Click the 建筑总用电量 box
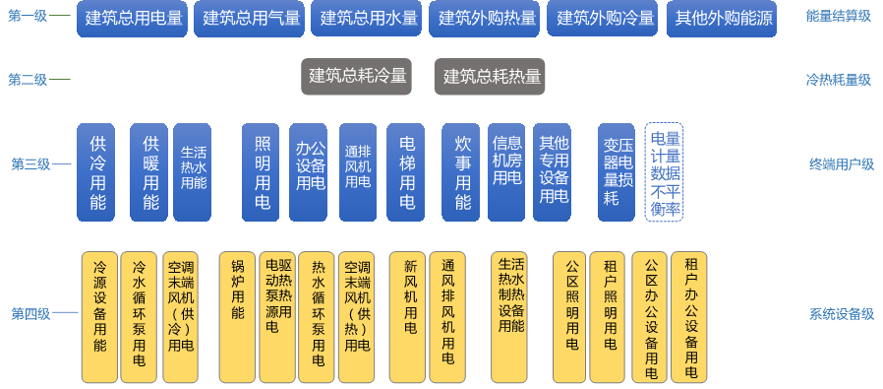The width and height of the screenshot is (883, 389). click(133, 19)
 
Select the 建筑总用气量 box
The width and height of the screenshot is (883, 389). click(250, 19)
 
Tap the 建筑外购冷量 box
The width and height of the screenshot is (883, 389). click(602, 19)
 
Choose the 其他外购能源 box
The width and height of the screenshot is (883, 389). click(722, 19)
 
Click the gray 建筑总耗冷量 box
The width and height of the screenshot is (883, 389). click(357, 76)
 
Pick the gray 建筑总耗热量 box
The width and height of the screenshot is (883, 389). click(490, 76)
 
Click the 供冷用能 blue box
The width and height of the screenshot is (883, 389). click(95, 172)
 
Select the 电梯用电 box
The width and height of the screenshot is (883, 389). click(405, 172)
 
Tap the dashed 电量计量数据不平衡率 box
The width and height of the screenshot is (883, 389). click(665, 172)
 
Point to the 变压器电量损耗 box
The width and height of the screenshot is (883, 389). click(617, 172)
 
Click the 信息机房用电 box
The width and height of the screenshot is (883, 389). click(506, 172)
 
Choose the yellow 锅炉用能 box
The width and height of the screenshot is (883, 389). click(238, 317)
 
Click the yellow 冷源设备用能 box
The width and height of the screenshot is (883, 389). click(99, 317)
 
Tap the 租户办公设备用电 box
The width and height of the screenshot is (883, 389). click(688, 317)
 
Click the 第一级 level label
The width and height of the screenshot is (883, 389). click(28, 16)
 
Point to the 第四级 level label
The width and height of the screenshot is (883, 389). click(30, 313)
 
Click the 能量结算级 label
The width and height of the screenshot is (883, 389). click(839, 16)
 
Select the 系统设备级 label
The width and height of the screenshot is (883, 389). click(842, 313)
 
